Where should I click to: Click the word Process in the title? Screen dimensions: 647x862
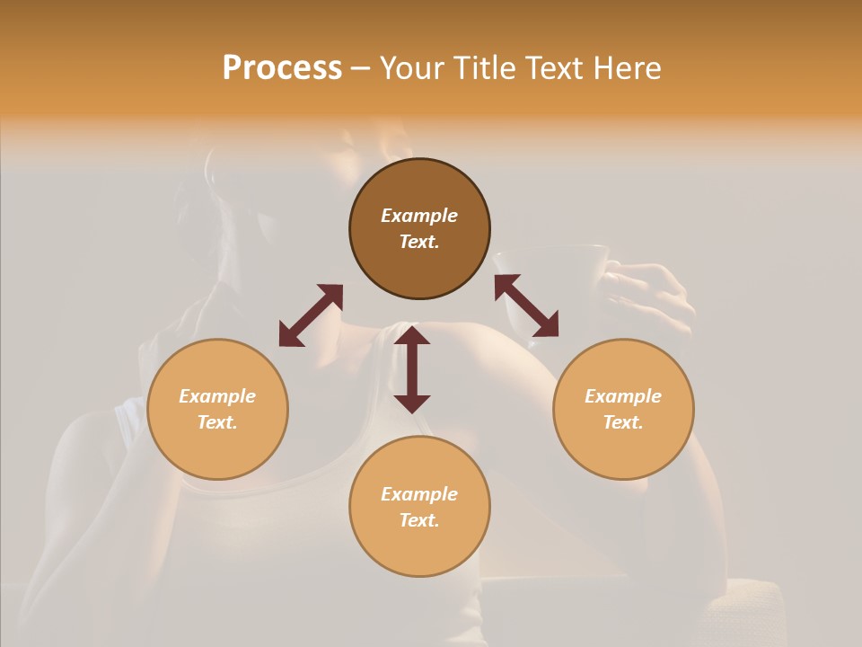282,68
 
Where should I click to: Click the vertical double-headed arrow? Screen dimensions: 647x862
412,369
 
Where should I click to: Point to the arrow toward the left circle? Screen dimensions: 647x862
311,315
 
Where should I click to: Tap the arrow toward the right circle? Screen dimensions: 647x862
526,306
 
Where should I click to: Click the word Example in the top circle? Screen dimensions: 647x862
419,216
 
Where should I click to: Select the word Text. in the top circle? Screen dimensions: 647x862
419,242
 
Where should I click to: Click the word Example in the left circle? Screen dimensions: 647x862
217,396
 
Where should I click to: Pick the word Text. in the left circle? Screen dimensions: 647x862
217,422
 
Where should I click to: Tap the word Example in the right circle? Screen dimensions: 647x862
623,396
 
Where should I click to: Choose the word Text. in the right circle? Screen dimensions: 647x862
623,422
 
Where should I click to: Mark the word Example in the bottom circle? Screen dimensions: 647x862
419,494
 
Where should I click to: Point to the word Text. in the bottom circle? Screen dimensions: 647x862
419,520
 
